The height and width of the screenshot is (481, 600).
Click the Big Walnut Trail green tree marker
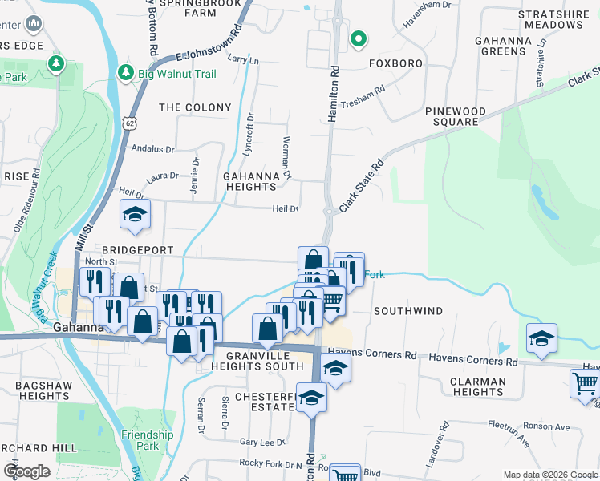coord(126,74)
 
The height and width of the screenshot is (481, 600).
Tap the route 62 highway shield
coord(130,122)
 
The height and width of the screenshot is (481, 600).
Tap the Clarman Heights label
coord(477,386)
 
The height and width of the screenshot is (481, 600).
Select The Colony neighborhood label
coord(195,107)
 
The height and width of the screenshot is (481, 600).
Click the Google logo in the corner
coord(27,471)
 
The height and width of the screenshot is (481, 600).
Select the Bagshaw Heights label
coord(43,390)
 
